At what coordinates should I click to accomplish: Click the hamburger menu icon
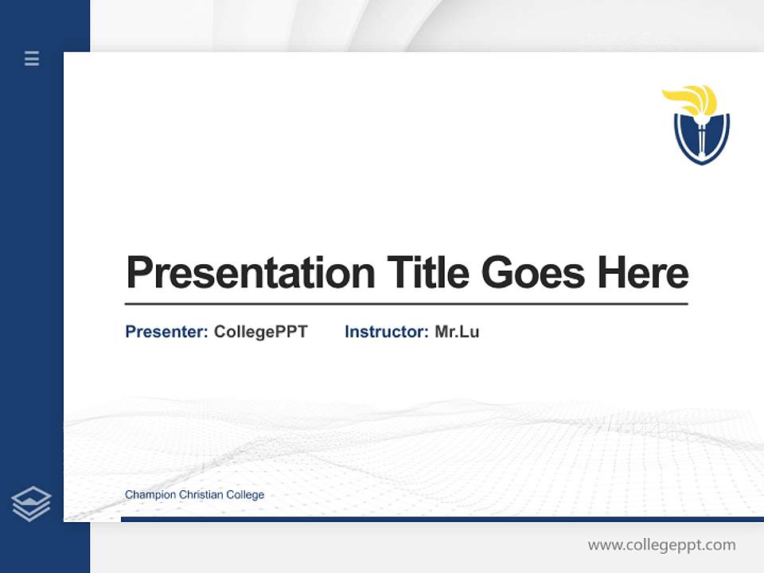click(32, 58)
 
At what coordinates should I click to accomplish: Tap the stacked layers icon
click(31, 504)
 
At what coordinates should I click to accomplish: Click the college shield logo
click(701, 135)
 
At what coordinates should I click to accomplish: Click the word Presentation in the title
click(250, 273)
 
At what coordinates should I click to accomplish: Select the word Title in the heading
click(428, 273)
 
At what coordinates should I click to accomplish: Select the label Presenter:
click(166, 332)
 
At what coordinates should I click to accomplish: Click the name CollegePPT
click(260, 332)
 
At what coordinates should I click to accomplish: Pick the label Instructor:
click(386, 332)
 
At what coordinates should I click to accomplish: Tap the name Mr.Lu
click(457, 332)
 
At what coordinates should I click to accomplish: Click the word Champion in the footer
click(150, 495)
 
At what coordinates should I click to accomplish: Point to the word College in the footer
click(246, 495)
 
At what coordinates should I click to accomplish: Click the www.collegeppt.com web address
click(661, 545)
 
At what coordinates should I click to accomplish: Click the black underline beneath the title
click(406, 303)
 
